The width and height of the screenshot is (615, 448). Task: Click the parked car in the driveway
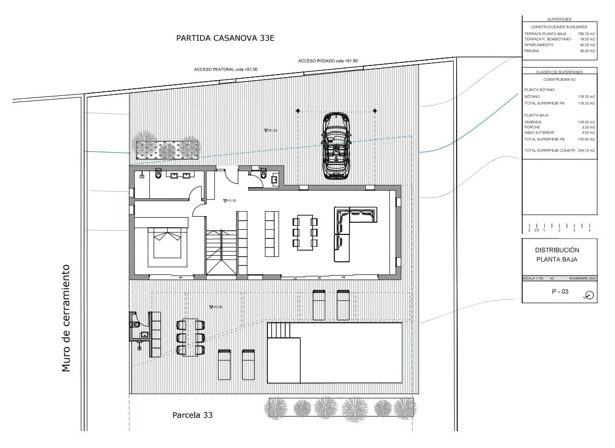(336, 146)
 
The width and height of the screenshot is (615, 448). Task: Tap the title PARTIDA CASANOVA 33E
(225, 38)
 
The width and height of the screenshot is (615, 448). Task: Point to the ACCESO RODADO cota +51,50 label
(328, 61)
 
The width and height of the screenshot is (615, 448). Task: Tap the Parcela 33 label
(192, 415)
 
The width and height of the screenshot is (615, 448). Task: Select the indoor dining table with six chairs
(305, 233)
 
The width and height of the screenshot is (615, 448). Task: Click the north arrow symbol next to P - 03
(589, 295)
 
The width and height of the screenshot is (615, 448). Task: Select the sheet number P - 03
(560, 292)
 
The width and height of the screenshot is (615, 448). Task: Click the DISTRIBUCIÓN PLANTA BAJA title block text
(557, 255)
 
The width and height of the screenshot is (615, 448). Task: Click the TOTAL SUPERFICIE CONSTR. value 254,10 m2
(586, 151)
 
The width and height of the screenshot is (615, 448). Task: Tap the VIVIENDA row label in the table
(533, 122)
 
